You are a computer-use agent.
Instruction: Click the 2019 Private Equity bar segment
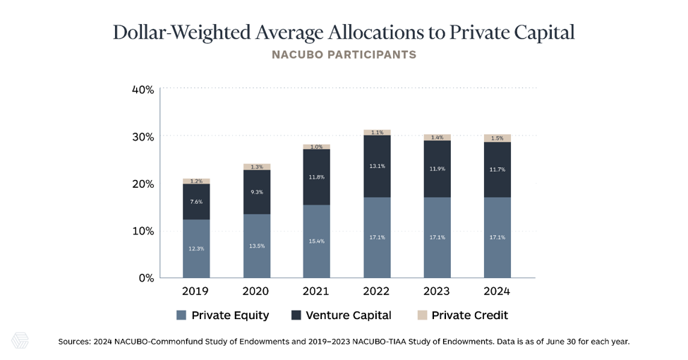click(x=196, y=248)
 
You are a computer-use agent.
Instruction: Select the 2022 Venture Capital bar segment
click(x=377, y=167)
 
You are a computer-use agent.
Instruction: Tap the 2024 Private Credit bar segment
click(x=497, y=138)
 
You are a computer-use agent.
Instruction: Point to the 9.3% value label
click(x=257, y=192)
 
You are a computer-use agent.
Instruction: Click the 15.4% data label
click(x=316, y=241)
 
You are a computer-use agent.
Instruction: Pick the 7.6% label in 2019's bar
click(x=196, y=202)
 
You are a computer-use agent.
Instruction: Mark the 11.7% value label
click(x=497, y=169)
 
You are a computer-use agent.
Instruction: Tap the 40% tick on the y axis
click(x=143, y=90)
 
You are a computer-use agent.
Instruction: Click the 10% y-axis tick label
click(x=143, y=231)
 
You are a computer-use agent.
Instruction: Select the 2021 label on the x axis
click(x=316, y=291)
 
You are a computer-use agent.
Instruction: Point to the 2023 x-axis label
click(x=437, y=291)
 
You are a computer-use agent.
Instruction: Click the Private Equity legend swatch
click(x=181, y=316)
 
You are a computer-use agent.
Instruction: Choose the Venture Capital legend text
click(x=349, y=316)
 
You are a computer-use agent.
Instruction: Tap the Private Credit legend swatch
click(x=422, y=316)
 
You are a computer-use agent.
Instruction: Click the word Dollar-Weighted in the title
click(x=181, y=32)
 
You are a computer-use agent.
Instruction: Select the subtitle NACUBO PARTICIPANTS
click(x=344, y=55)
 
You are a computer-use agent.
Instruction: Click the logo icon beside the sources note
click(x=20, y=341)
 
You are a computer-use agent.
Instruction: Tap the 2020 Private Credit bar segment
click(x=257, y=167)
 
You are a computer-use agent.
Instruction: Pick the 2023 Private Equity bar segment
click(x=437, y=237)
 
